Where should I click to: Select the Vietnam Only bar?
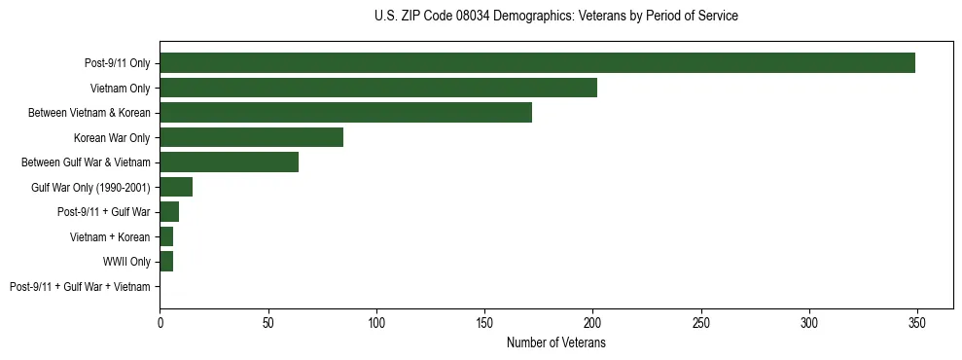(378, 88)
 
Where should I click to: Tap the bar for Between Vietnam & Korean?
(345, 113)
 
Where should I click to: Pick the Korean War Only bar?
(251, 137)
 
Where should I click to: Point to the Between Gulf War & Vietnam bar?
(229, 162)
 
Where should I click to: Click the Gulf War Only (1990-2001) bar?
(176, 187)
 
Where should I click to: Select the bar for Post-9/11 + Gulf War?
(169, 212)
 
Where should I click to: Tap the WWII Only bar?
(166, 262)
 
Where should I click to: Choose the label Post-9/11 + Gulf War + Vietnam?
(80, 287)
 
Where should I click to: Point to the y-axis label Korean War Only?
(112, 137)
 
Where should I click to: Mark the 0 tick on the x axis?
(160, 322)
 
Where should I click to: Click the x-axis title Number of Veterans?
(556, 342)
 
